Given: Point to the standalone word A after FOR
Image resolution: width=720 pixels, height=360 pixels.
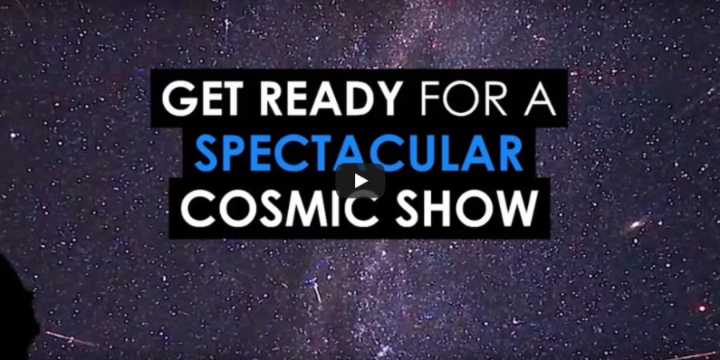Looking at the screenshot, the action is click(541, 98).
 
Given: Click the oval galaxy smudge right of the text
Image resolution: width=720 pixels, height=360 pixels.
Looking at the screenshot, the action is click(637, 225).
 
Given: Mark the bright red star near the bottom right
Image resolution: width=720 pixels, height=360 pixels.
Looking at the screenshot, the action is click(702, 308).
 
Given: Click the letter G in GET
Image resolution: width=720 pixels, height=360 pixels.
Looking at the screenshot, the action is click(178, 98).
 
